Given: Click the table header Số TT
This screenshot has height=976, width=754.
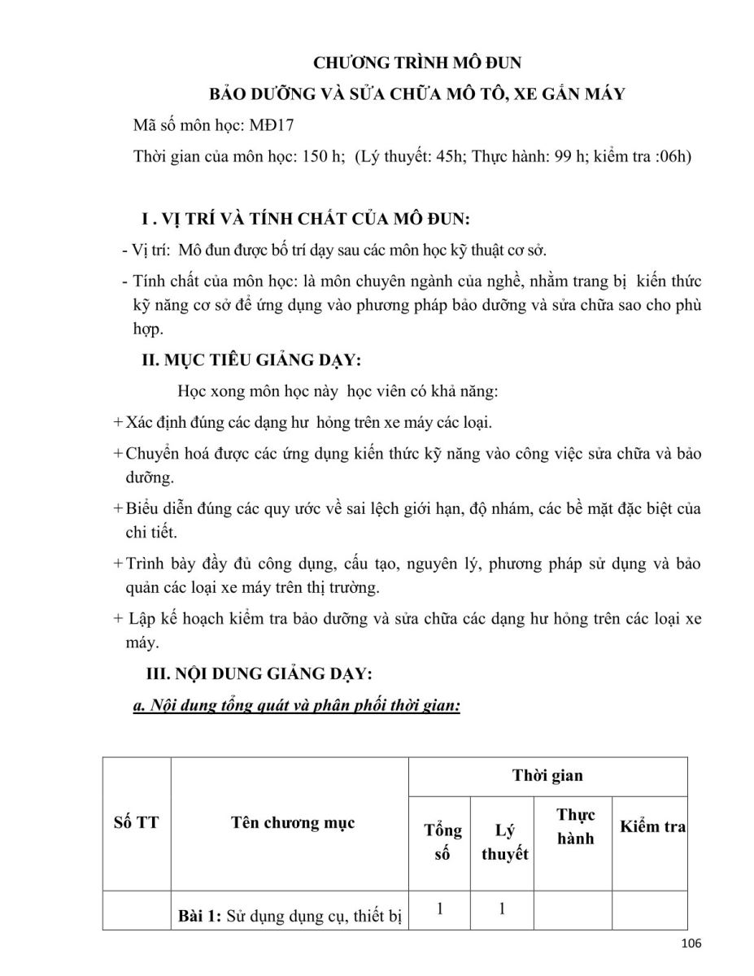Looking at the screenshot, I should [x=136, y=822].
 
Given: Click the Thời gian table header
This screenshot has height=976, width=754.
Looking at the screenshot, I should [x=547, y=775].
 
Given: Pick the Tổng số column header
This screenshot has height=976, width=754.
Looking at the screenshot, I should [x=442, y=842].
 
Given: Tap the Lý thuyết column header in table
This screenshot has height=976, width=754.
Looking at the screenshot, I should [x=504, y=842].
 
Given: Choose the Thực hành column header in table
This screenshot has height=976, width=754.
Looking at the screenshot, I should [x=575, y=826].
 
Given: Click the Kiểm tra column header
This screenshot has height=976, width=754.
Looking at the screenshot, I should [x=652, y=827].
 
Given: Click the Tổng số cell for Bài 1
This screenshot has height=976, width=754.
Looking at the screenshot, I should [x=440, y=909].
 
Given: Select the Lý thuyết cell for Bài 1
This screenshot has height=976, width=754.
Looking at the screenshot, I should [x=503, y=909].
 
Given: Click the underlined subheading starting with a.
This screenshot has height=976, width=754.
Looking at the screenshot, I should [x=297, y=706].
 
